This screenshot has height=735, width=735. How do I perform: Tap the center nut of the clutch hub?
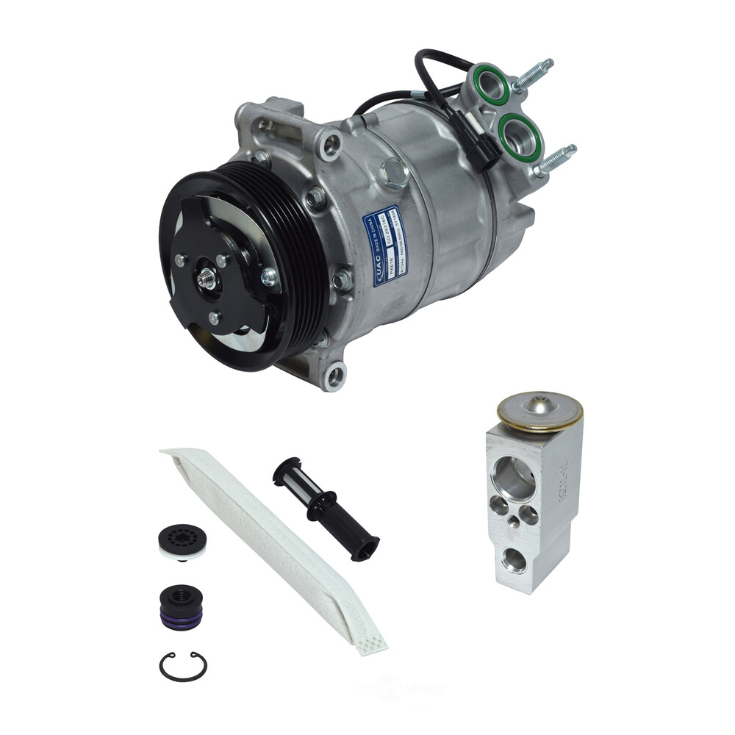207,278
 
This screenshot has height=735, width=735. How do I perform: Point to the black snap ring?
183,665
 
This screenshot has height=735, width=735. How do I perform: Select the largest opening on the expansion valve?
516,478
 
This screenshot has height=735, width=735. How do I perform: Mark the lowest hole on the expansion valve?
514,560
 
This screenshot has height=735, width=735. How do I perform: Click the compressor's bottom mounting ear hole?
336,376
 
